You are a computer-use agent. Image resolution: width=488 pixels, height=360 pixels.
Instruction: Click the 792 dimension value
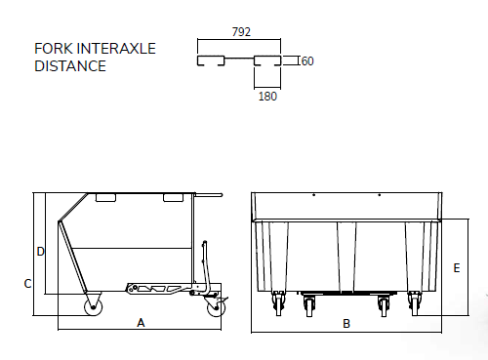pos(241,32)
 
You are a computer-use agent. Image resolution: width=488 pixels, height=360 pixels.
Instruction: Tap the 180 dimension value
pos(267,97)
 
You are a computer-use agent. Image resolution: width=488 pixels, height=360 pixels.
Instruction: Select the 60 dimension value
pos(307,60)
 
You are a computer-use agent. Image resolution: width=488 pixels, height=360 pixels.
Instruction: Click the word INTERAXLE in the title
pos(117,49)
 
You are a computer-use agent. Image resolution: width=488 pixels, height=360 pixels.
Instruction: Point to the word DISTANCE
pos(70,66)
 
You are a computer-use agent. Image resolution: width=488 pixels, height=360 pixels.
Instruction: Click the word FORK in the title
pos(54,49)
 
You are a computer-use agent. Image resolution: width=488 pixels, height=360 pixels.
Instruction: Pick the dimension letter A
pos(141,323)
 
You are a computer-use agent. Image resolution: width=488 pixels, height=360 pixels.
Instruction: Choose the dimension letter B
pos(346,324)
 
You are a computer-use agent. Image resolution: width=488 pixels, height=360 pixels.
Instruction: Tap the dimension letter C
pos(28,284)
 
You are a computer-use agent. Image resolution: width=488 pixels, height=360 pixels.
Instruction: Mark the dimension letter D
pos(40,252)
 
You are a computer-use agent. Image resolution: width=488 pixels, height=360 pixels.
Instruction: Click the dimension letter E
pos(457,268)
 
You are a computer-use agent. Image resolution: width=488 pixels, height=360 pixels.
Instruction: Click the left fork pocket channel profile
pos(211,60)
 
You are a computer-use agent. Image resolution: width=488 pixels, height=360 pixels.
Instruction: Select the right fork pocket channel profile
pos(267,60)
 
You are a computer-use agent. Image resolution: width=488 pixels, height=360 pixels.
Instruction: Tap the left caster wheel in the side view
pos(94,306)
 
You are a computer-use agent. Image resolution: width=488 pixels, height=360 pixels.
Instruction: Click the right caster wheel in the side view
pos(217,307)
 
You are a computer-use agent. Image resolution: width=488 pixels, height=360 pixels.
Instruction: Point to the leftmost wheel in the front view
pos(278,303)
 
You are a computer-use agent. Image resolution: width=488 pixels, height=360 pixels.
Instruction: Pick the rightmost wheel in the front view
pos(415,303)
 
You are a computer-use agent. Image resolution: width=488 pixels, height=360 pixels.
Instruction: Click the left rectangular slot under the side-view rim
pos(105,198)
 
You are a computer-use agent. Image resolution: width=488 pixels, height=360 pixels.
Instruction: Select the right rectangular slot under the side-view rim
pos(173,198)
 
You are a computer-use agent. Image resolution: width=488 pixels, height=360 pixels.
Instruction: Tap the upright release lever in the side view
pos(206,266)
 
